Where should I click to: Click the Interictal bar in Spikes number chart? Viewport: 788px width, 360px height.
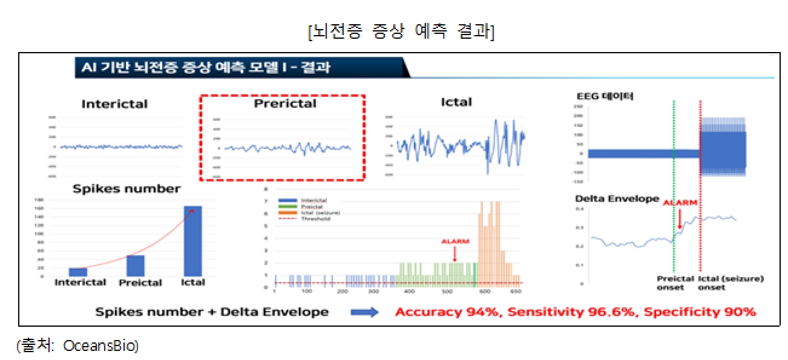[x=78, y=272]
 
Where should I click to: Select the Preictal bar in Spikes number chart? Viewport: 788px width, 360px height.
[x=136, y=265]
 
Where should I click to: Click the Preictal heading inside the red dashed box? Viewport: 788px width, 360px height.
[x=284, y=103]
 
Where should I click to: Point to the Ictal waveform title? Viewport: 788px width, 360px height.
[x=456, y=102]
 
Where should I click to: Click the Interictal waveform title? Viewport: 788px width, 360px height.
[x=114, y=104]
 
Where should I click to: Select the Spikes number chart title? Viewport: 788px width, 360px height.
[x=126, y=189]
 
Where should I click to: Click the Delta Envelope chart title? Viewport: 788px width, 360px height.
[x=617, y=198]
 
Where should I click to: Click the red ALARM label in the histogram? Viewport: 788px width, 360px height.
[x=456, y=241]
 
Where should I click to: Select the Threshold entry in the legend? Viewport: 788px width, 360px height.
[x=315, y=219]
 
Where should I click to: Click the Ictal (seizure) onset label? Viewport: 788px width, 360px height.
[x=731, y=283]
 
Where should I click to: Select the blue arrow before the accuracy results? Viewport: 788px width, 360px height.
[x=365, y=312]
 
